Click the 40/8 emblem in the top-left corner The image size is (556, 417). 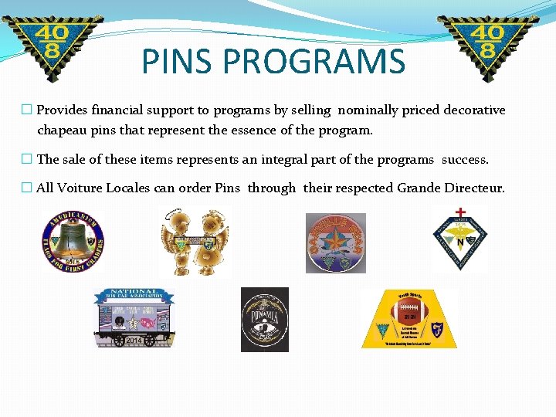click(52, 46)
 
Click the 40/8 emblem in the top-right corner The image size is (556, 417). click(485, 46)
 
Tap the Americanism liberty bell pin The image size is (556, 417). click(73, 242)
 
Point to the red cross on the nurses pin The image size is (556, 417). click(461, 212)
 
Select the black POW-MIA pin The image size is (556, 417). click(264, 319)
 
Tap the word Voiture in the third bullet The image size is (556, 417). click(80, 188)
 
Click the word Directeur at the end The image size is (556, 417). click(474, 188)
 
